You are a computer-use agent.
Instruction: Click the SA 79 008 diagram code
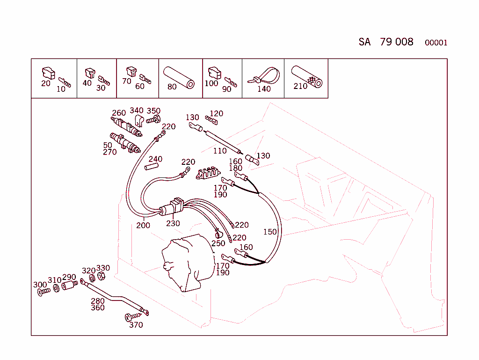pyautogui.click(x=386, y=42)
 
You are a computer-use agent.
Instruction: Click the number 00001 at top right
pyautogui.click(x=436, y=43)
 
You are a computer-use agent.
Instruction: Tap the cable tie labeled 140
pyautogui.click(x=264, y=76)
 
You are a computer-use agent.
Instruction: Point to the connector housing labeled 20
pyautogui.click(x=48, y=73)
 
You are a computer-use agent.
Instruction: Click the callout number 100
pyautogui.click(x=211, y=83)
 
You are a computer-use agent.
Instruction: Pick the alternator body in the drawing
pyautogui.click(x=187, y=265)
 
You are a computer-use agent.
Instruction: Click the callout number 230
pyautogui.click(x=173, y=223)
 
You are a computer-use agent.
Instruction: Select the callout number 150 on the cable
pyautogui.click(x=270, y=232)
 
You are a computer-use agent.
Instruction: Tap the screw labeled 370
pyautogui.click(x=131, y=317)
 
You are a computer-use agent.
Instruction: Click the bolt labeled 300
pyautogui.click(x=43, y=293)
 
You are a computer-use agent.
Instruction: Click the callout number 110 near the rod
pyautogui.click(x=220, y=151)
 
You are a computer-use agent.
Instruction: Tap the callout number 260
pyautogui.click(x=119, y=113)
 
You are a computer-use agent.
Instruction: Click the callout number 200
pyautogui.click(x=143, y=225)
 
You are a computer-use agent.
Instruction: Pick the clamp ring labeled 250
pyautogui.click(x=218, y=232)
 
